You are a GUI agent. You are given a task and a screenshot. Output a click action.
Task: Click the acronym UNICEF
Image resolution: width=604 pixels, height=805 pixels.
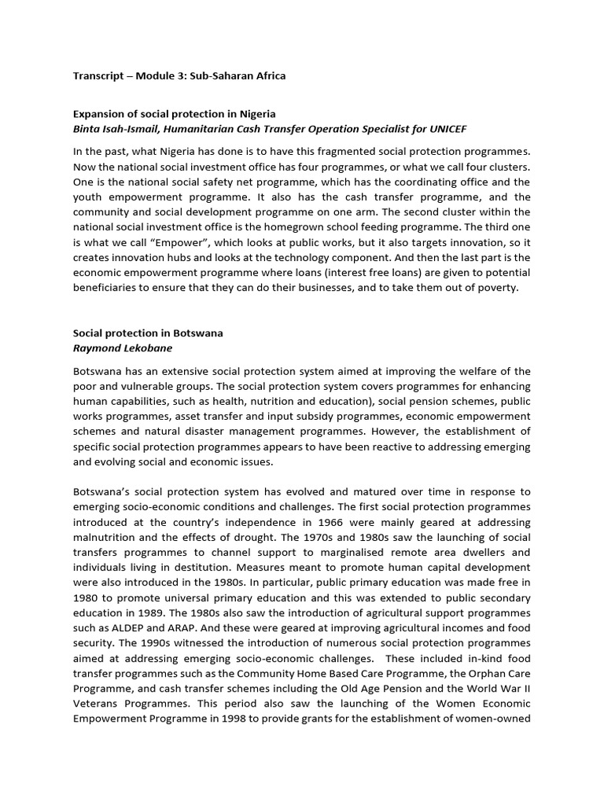(x=451, y=129)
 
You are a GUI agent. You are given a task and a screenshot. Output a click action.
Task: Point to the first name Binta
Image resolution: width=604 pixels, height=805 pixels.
(x=88, y=129)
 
